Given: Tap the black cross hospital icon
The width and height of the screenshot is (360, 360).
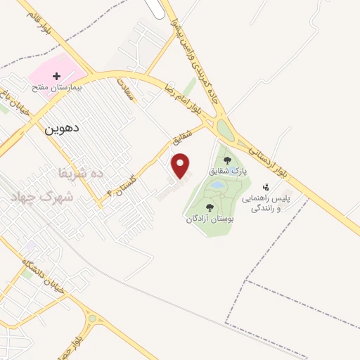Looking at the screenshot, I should coord(57,75).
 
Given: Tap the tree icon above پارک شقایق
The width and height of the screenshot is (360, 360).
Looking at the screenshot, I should coord(226,160).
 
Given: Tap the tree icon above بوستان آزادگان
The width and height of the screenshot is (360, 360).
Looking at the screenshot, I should coord(210,207).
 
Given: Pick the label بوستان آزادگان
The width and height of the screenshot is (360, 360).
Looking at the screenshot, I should coord(210,219).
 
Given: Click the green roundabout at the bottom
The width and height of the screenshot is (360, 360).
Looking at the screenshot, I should coord(93,318).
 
